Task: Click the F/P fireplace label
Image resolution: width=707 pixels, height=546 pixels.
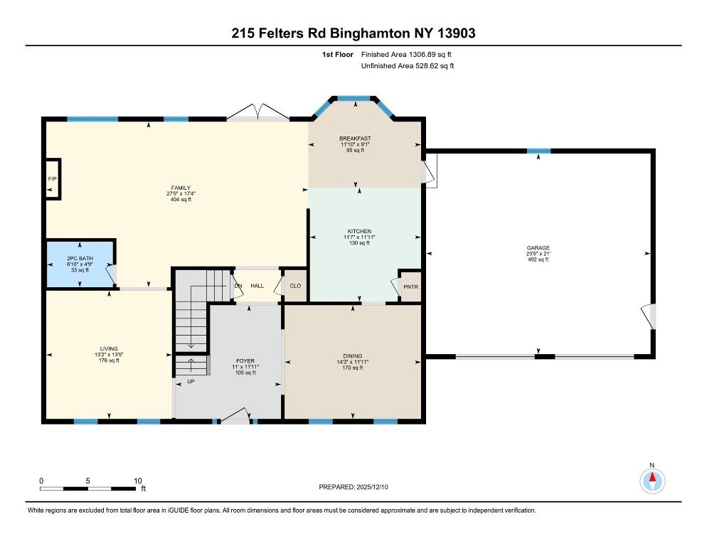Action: [x=53, y=179]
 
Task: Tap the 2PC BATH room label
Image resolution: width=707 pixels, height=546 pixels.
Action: [x=80, y=258]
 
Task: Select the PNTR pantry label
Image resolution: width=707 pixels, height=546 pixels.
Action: [x=411, y=287]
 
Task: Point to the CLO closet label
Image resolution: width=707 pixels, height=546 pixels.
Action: [x=295, y=286]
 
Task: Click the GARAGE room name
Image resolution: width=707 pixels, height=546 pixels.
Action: [x=538, y=248]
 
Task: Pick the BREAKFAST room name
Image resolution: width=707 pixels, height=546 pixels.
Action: [x=356, y=139]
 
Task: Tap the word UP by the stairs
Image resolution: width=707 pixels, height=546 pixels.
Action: [x=191, y=382]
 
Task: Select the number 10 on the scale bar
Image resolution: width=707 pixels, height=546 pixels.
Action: [x=138, y=481]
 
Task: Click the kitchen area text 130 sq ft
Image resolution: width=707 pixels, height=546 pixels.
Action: [x=359, y=243]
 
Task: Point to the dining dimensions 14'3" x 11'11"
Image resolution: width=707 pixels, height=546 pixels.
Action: [x=353, y=362]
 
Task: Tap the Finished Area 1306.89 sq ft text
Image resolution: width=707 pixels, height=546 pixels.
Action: [x=406, y=55]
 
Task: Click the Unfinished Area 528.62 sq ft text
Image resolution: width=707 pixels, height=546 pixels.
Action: [x=408, y=66]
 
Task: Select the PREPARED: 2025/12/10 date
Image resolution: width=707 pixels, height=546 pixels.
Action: [x=353, y=487]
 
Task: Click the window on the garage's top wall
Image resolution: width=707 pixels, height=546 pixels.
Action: [x=539, y=151]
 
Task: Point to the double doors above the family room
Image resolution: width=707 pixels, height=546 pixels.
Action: [x=258, y=112]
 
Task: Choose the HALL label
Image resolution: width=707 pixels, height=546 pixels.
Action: [x=257, y=286]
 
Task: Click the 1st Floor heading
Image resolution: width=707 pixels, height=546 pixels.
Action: [x=338, y=55]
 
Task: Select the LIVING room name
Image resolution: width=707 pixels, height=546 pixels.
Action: [x=109, y=348]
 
